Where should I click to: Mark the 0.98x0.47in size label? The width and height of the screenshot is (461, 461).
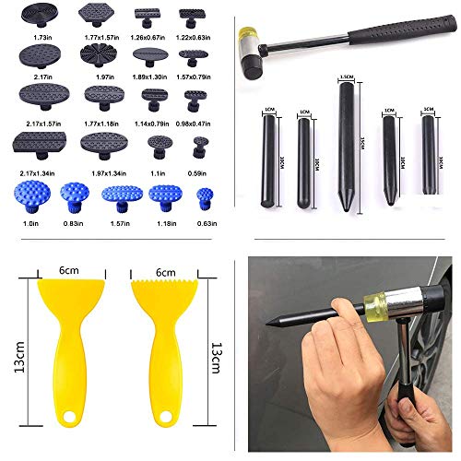pos(196,124)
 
